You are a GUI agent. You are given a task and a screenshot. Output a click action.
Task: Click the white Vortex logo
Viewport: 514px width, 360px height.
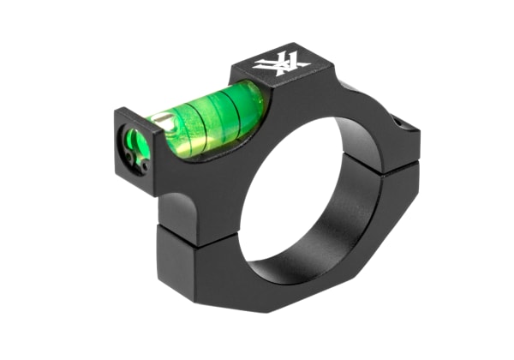coord(281,63)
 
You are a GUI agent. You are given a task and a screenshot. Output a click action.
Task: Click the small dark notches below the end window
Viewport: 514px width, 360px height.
coord(130,159)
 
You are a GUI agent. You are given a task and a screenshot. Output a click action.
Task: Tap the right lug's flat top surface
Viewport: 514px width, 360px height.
coord(390,107)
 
